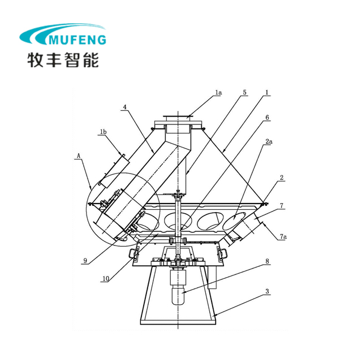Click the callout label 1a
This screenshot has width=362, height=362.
(218, 92)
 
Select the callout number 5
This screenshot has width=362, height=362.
(244, 92)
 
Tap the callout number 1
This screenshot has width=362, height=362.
(266, 92)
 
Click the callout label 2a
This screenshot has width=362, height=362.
(268, 143)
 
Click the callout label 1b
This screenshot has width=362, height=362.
(103, 132)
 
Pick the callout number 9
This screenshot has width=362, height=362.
(84, 261)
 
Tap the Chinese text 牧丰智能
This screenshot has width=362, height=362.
(63, 59)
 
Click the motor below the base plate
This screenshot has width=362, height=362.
(178, 290)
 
